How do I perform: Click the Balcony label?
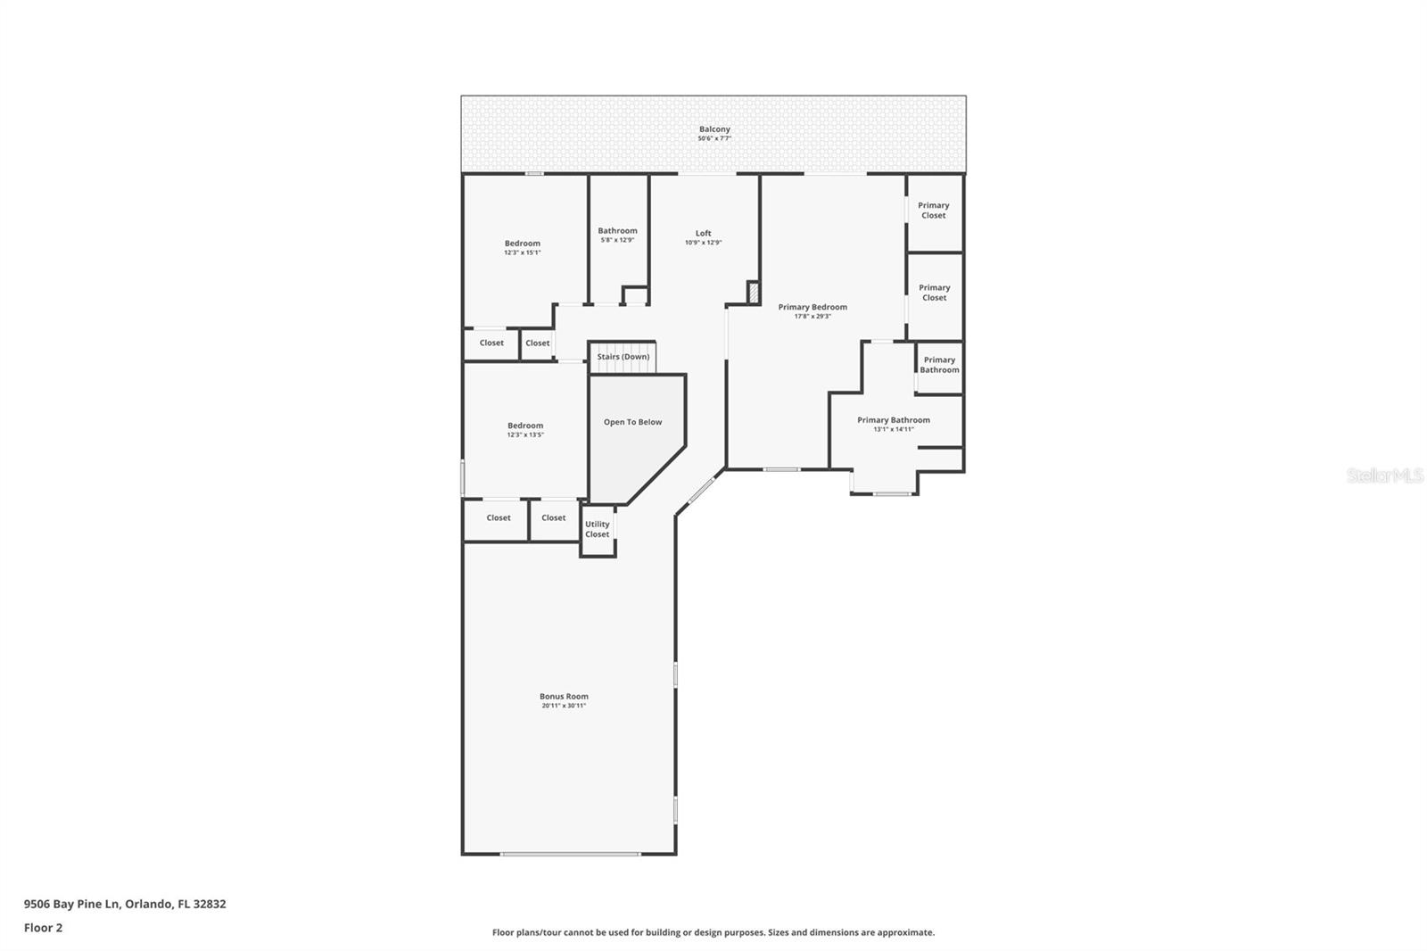714,129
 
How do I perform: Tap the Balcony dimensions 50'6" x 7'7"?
714,139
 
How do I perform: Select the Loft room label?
703,234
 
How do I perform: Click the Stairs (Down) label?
623,357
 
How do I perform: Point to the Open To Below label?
632,422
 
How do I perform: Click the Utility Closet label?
598,529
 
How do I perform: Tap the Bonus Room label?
564,697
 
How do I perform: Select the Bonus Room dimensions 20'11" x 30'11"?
564,706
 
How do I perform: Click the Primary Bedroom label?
812,307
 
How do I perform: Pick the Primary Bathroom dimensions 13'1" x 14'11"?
893,429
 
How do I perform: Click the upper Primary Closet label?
934,210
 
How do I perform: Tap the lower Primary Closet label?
934,293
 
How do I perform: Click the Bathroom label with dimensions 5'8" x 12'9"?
617,231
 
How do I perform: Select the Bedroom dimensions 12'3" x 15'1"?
523,252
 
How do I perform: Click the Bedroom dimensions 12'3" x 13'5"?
525,434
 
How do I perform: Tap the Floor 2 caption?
43,928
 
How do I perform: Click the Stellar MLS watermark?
1384,475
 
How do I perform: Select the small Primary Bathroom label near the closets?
939,365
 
